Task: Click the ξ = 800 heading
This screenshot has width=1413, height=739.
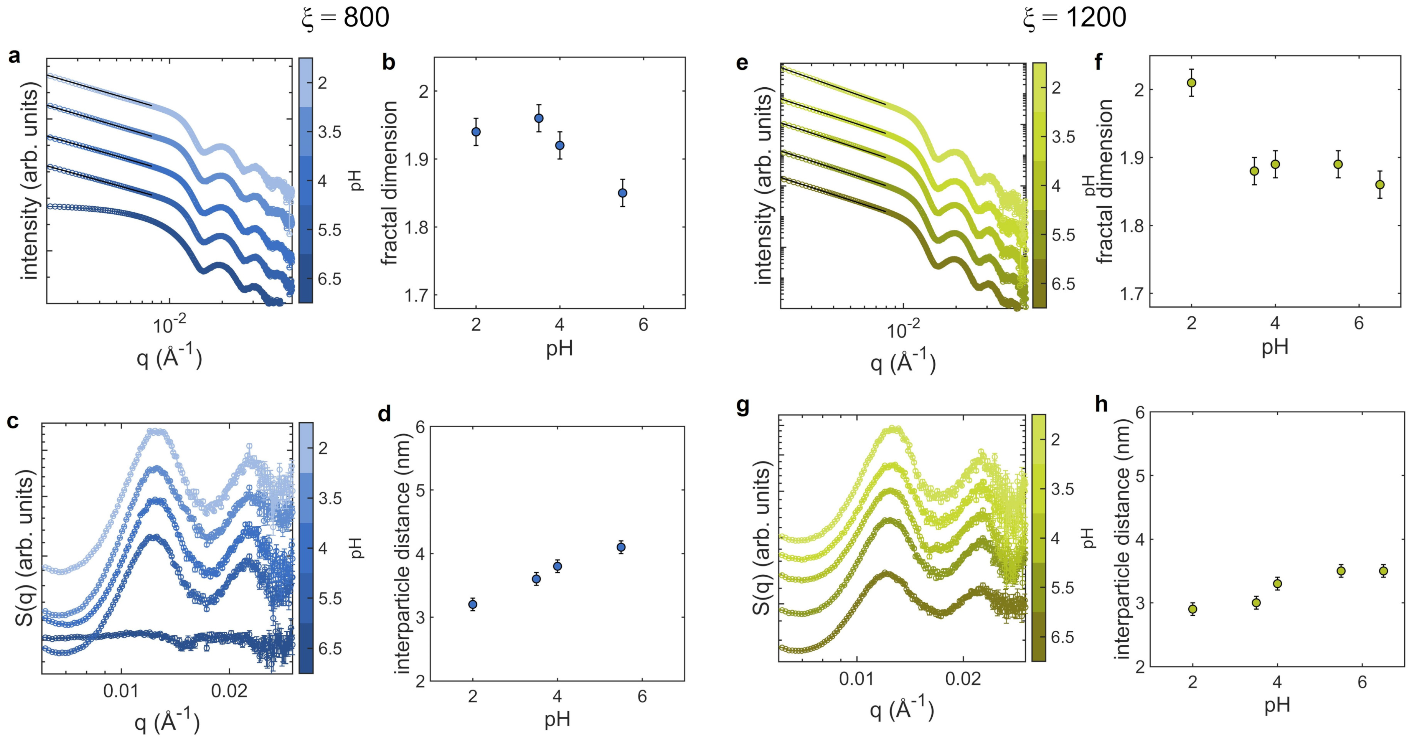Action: point(346,18)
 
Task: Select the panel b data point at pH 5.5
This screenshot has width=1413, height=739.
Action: point(622,193)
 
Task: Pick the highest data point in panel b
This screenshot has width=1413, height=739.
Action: point(539,118)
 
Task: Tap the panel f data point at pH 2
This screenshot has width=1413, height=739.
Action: point(1191,83)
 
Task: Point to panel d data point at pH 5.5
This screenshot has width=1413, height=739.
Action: point(621,547)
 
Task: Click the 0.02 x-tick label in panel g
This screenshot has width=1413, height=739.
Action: point(963,679)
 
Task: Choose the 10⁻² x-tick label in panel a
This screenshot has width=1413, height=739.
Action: point(169,325)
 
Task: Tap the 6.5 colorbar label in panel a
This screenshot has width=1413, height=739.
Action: point(329,279)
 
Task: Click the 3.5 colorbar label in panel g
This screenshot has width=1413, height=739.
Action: point(1062,489)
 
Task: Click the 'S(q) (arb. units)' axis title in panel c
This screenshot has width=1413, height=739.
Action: point(25,547)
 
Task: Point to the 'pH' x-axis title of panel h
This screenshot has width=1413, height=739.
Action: point(1277,706)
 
